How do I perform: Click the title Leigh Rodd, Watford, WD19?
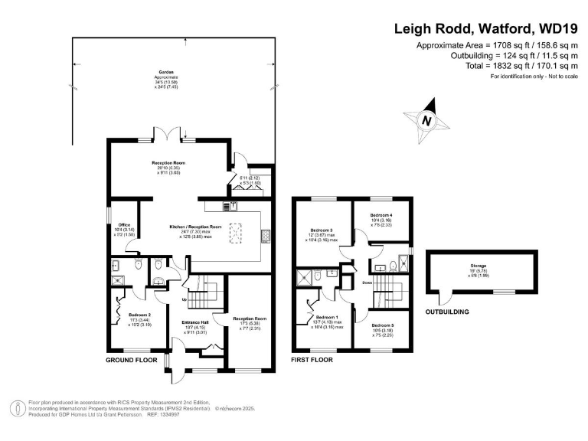point(485,29)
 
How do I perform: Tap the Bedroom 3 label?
point(321,230)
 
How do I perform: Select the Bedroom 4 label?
point(381,215)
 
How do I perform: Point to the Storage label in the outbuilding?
point(479,266)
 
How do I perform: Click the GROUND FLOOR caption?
point(131,359)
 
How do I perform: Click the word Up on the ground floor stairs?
point(184,299)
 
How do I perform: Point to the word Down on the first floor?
point(367,282)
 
